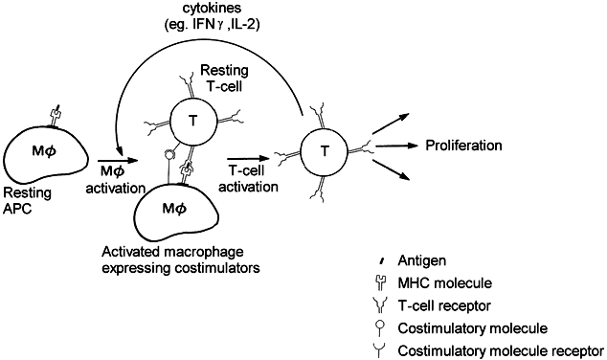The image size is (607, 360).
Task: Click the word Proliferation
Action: click(x=463, y=146)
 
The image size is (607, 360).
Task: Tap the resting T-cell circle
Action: click(x=192, y=121)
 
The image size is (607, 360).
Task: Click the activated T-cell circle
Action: click(x=325, y=151)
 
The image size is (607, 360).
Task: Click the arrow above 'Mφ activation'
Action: click(x=118, y=160)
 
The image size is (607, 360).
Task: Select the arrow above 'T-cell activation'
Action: click(x=248, y=158)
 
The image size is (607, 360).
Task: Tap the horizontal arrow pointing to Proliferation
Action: click(x=397, y=146)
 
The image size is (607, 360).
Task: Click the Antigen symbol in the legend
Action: click(x=382, y=260)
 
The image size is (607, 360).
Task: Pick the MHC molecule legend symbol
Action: click(x=382, y=283)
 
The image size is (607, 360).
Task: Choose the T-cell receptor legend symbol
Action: click(x=382, y=305)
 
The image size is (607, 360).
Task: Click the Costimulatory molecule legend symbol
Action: click(x=382, y=328)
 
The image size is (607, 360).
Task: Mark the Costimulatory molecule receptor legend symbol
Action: click(x=382, y=351)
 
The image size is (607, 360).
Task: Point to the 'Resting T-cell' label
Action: click(x=224, y=78)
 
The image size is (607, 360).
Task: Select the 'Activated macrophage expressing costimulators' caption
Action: click(x=181, y=259)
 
